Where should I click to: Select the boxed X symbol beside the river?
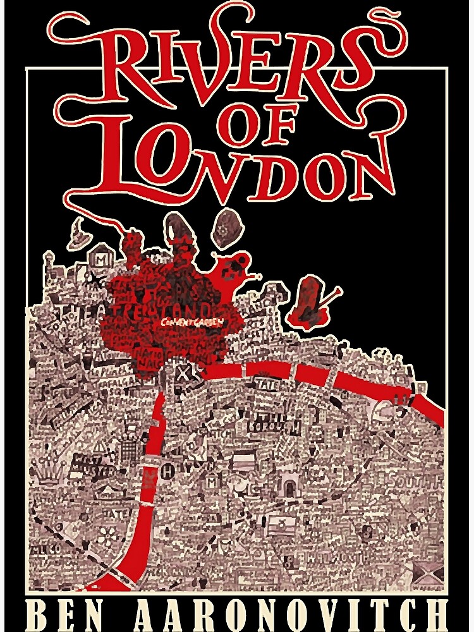click(x=181, y=372)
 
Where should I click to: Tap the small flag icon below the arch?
click(x=276, y=522)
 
